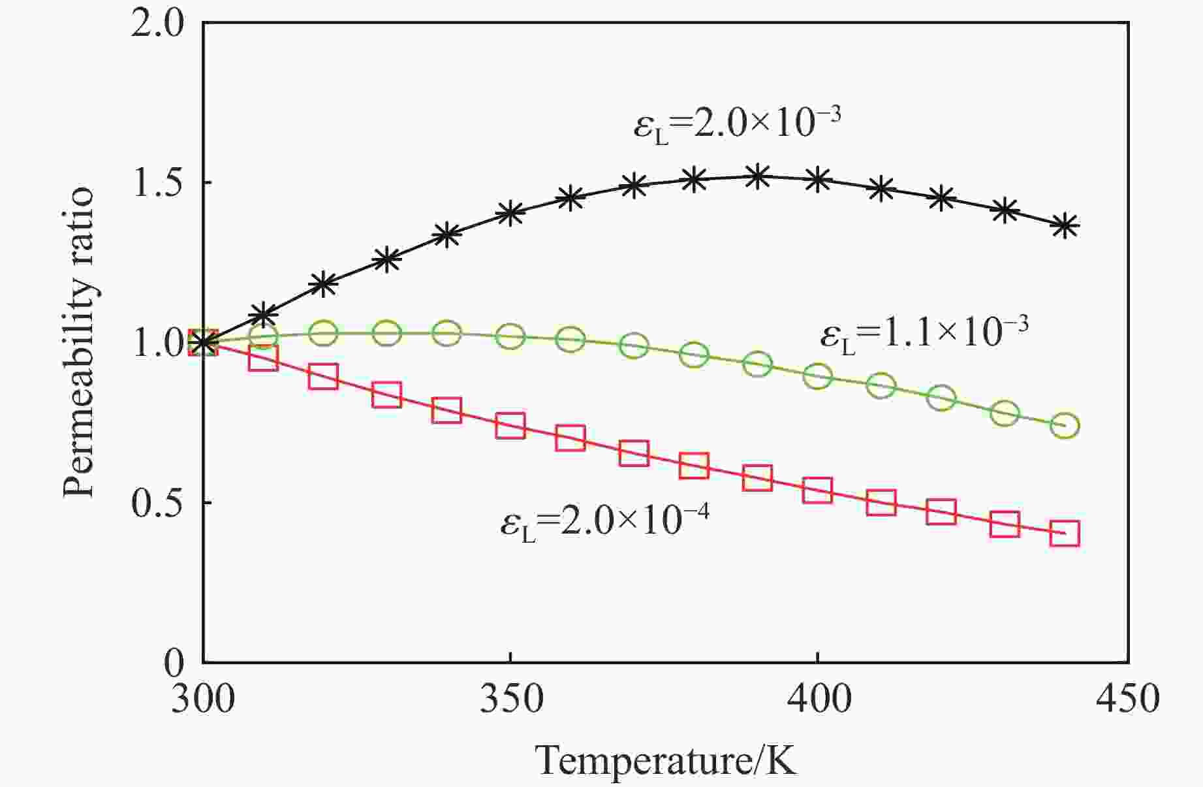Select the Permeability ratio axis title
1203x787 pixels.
pyautogui.click(x=80, y=343)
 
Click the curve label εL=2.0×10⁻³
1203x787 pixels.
pyautogui.click(x=737, y=123)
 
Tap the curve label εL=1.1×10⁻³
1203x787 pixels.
pyautogui.click(x=924, y=334)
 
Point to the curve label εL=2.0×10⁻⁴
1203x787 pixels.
pyautogui.click(x=604, y=522)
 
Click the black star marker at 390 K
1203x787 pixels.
pyautogui.click(x=757, y=176)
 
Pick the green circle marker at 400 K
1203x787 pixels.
pyautogui.click(x=818, y=376)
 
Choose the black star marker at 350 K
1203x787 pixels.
pyautogui.click(x=510, y=214)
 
